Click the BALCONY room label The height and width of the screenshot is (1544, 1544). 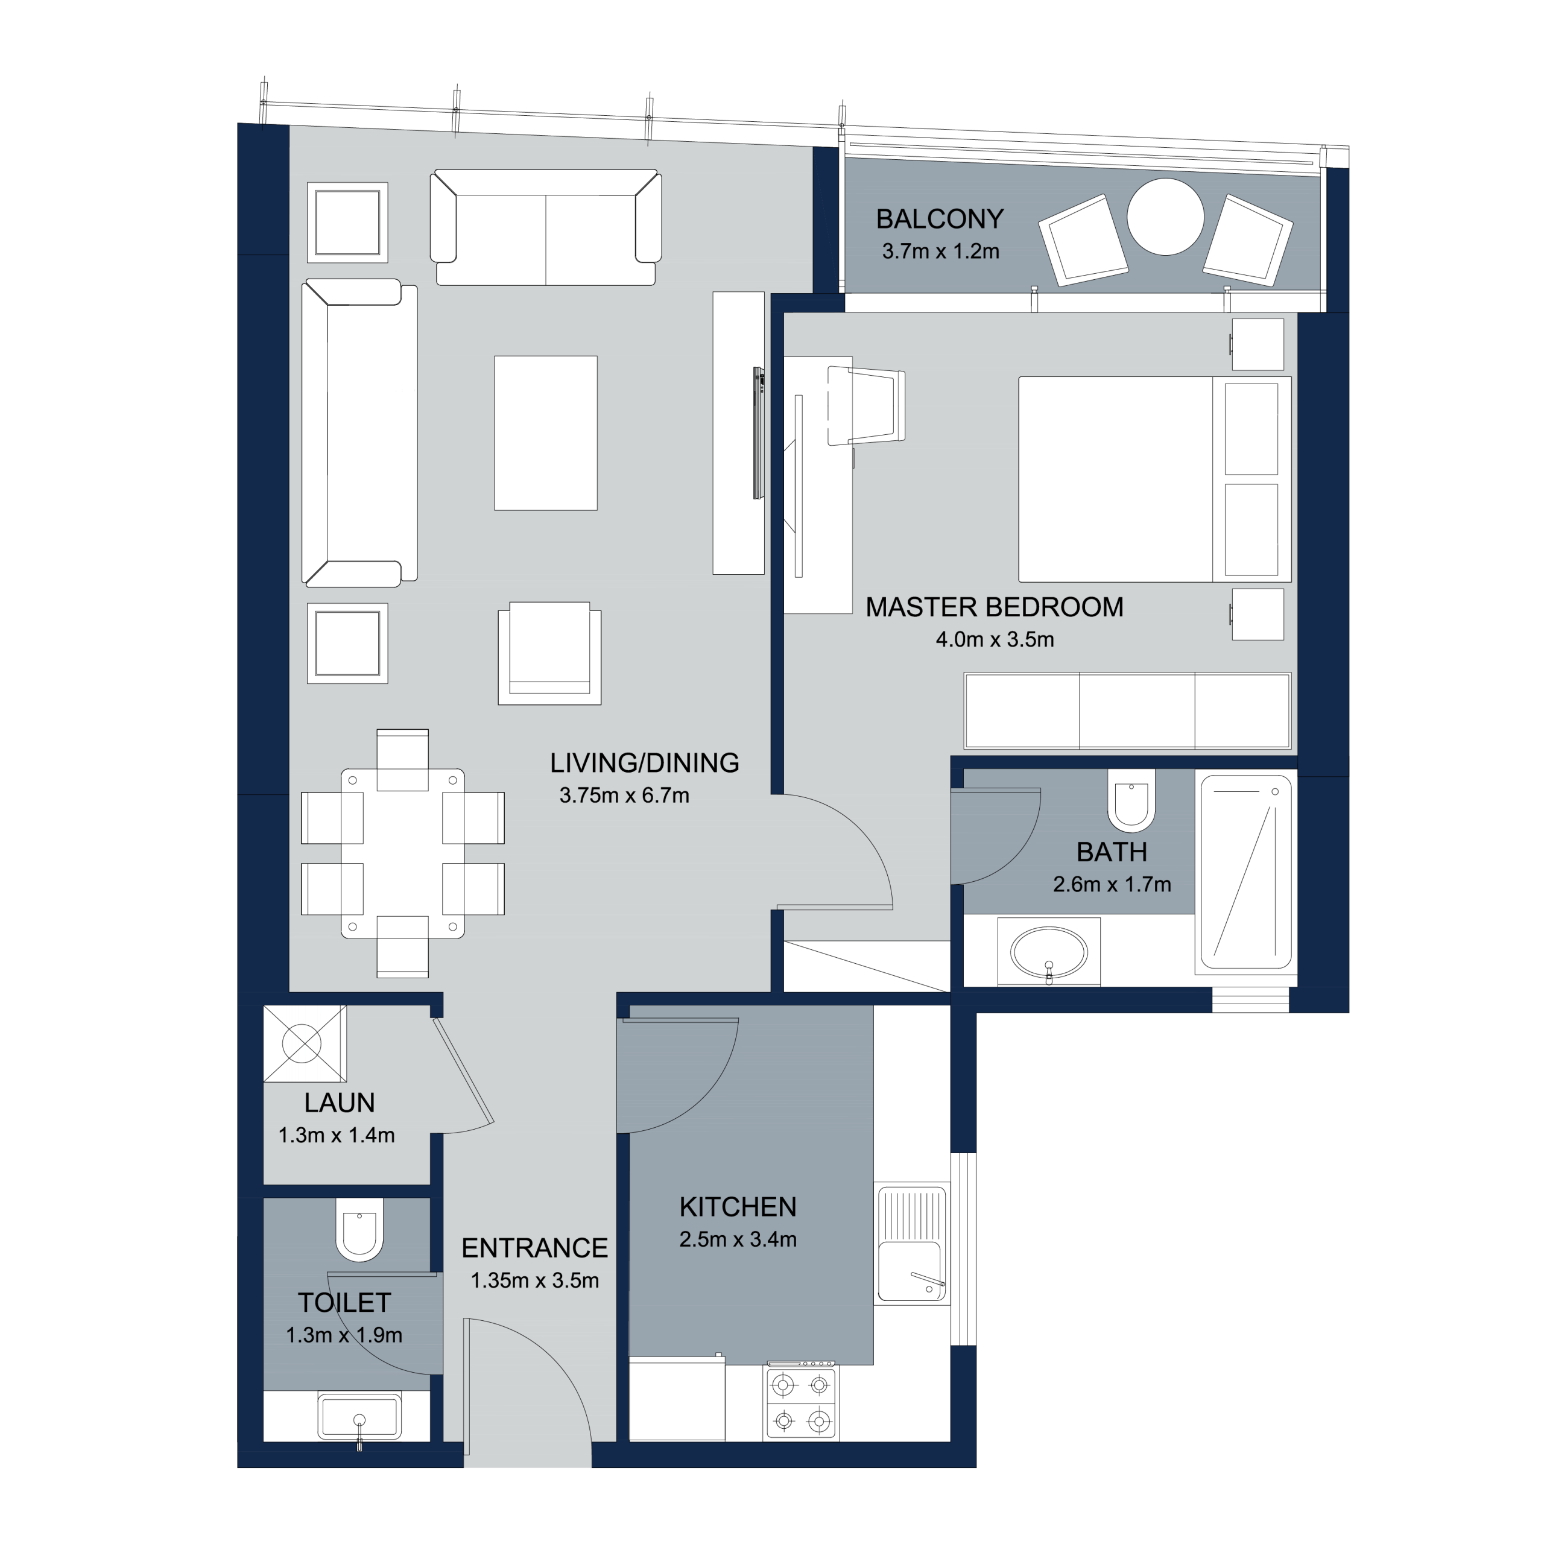[939, 218]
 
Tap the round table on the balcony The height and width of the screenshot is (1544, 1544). [1165, 217]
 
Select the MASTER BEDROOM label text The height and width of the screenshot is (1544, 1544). [994, 607]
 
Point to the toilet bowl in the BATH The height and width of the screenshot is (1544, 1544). [1131, 799]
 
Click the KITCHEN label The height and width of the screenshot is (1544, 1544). [738, 1207]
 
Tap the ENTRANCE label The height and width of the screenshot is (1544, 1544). [534, 1248]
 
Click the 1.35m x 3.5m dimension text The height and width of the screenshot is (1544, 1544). [534, 1280]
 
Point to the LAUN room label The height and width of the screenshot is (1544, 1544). [339, 1103]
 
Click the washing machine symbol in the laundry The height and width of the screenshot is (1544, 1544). [305, 1044]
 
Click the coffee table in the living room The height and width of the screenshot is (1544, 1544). [545, 432]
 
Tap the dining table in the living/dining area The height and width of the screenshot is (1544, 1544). [402, 853]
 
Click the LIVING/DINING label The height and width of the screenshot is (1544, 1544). [644, 763]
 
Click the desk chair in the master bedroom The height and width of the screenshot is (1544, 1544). [866, 406]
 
